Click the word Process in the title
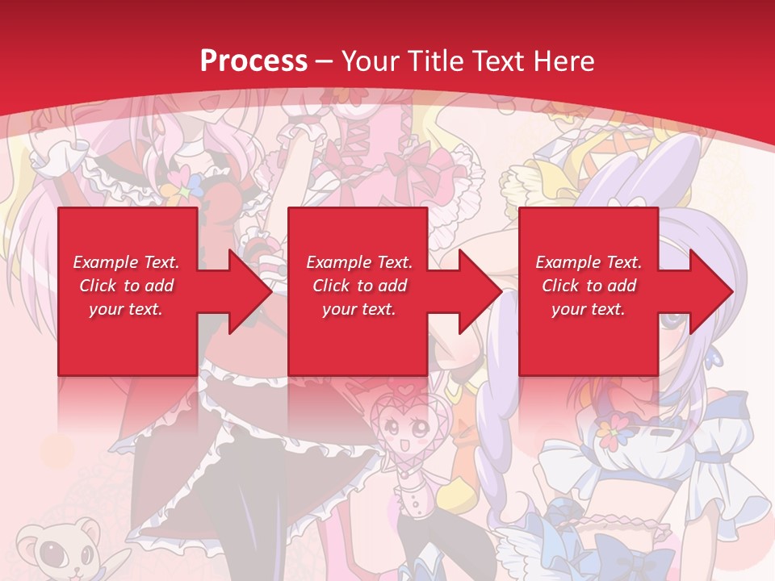[253, 61]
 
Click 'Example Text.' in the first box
[126, 262]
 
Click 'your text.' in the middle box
[358, 309]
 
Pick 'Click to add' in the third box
[589, 286]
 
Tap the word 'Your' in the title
[371, 61]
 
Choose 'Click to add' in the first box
[126, 286]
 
